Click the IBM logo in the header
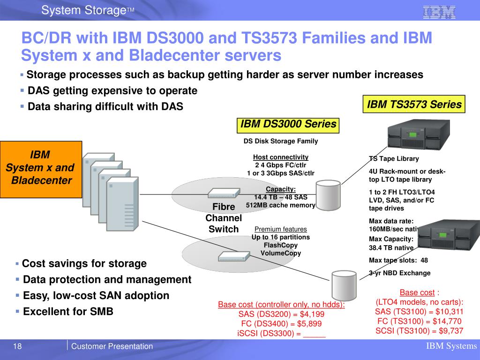click(x=439, y=12)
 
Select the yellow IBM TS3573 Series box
click(x=414, y=104)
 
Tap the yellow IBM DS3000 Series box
click(x=288, y=126)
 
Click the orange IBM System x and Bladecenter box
click(x=41, y=169)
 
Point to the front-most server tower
click(x=122, y=203)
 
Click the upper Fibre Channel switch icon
click(x=224, y=193)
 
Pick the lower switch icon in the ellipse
click(x=234, y=256)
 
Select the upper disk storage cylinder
click(x=328, y=195)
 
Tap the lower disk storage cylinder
click(x=344, y=285)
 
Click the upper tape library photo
click(x=419, y=135)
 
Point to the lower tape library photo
click(x=449, y=235)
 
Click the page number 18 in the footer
click(x=17, y=346)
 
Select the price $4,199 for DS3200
click(x=312, y=314)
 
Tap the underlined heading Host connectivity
click(x=281, y=157)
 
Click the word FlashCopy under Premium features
click(x=281, y=245)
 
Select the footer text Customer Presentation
click(x=112, y=346)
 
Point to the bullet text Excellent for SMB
click(x=68, y=311)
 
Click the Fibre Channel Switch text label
click(x=224, y=218)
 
